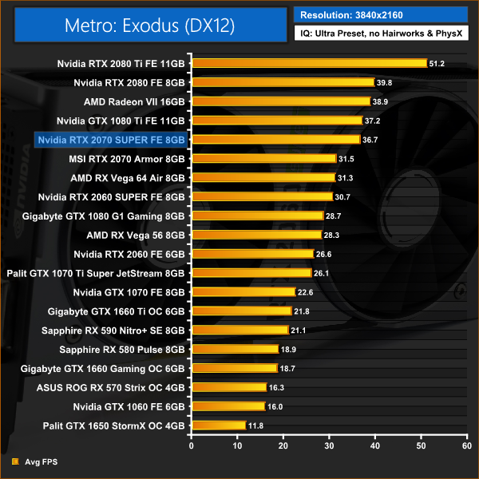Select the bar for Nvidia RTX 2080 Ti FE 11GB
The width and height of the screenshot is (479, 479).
coord(308,63)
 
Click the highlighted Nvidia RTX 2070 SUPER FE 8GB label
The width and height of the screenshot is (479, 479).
coord(111,139)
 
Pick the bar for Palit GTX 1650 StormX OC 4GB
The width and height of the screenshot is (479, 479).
coord(218,425)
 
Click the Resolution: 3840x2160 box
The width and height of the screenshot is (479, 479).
coord(380,14)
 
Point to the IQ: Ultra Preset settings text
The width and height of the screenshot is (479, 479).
coord(380,35)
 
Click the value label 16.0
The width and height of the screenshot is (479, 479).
coord(275,406)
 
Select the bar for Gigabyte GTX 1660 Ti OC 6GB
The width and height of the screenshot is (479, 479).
coord(240,311)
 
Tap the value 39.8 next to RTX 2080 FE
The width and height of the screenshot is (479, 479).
coord(384,82)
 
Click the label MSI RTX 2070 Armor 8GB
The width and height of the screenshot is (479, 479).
coord(127,158)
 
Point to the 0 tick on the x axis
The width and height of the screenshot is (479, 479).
coord(190,445)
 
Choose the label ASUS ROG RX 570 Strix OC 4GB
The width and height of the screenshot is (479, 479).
coord(111,386)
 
